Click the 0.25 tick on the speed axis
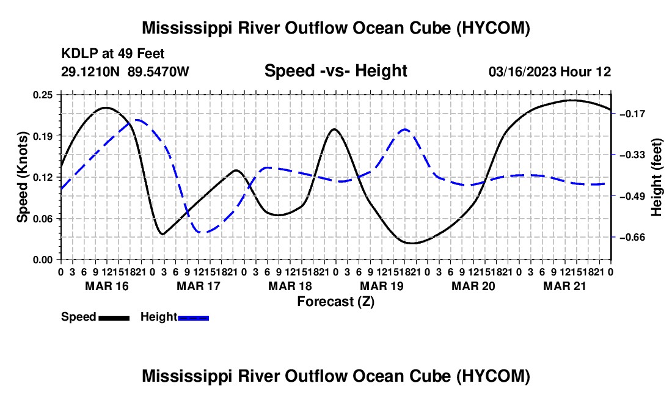(42, 95)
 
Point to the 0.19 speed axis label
(42, 136)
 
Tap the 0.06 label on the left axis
(42, 219)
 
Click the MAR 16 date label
(107, 286)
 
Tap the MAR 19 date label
(382, 286)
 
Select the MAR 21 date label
(565, 286)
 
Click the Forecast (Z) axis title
(336, 302)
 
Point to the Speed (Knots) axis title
(22, 177)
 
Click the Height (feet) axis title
(657, 177)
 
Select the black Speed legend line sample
(114, 318)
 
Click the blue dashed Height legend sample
(193, 318)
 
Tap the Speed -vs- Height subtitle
(336, 71)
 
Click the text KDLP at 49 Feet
(113, 54)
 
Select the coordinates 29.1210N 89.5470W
(125, 71)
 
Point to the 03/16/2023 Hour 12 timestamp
(550, 71)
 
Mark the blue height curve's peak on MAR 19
(404, 129)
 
